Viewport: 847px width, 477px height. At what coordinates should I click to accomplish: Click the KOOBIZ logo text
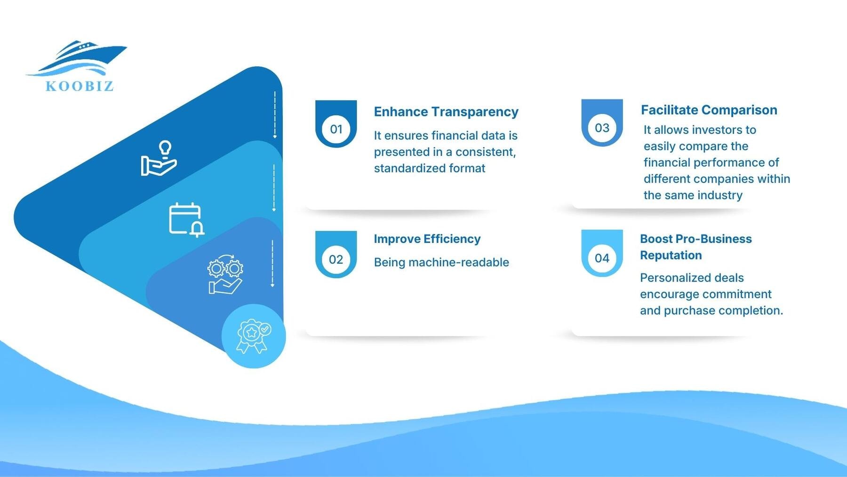(x=80, y=86)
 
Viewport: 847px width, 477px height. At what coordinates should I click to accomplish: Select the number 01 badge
(x=336, y=129)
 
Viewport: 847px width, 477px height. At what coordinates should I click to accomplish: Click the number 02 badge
(x=336, y=259)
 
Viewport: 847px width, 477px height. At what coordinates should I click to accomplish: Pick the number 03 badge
(x=602, y=128)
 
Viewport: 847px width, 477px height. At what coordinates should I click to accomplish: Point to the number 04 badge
(x=602, y=258)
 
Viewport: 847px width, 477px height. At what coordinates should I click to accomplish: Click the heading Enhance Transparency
(x=446, y=112)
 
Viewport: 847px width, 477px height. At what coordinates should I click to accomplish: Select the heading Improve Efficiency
(x=427, y=239)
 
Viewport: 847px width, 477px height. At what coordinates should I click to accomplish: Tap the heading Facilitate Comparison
(x=709, y=110)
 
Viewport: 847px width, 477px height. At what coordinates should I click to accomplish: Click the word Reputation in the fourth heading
(x=671, y=255)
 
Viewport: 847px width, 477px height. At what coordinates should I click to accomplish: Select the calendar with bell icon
(x=186, y=219)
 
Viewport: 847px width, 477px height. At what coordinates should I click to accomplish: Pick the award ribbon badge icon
(x=254, y=336)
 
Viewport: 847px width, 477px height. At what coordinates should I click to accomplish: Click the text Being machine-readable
(x=441, y=262)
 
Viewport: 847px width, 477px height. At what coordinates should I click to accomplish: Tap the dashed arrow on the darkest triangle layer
(x=275, y=115)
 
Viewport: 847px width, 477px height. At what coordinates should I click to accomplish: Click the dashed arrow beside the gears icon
(x=272, y=264)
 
